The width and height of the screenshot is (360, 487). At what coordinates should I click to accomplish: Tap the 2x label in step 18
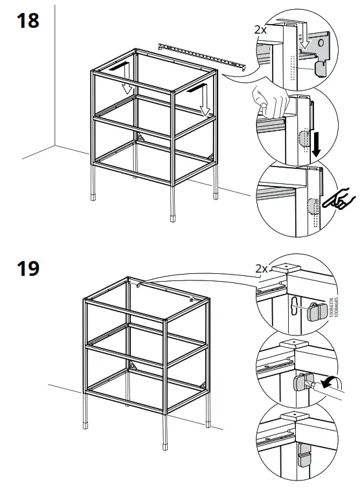point(260,30)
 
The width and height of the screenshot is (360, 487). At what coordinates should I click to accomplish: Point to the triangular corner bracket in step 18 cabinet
point(139,138)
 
